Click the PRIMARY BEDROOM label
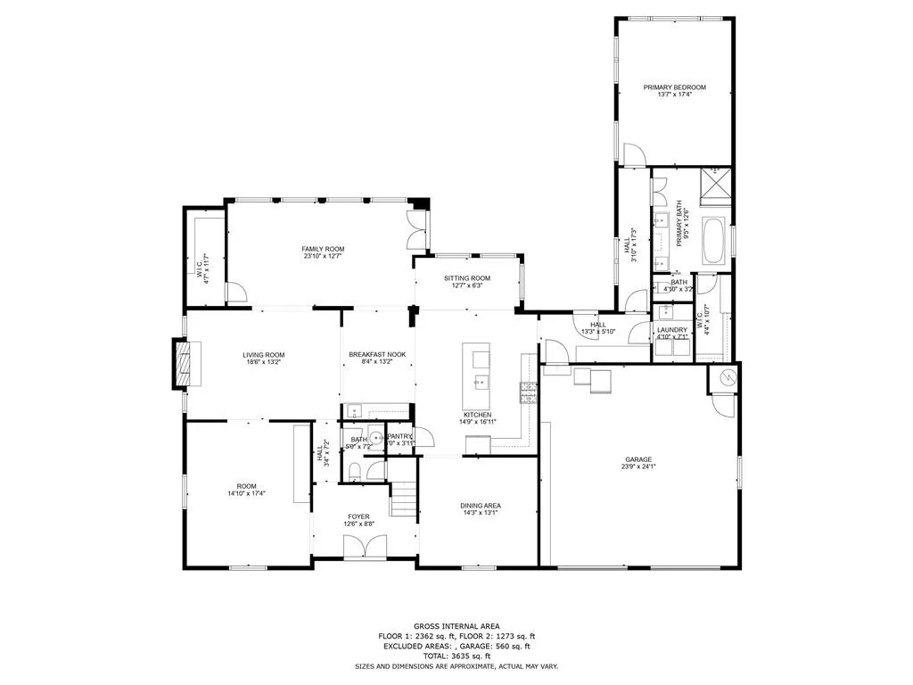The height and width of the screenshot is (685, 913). tap(675, 87)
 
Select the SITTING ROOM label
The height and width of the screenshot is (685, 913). tap(467, 278)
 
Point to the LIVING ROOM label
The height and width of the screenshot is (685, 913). tap(263, 355)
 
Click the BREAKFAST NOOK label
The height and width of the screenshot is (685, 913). tap(376, 355)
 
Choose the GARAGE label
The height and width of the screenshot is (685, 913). tap(638, 459)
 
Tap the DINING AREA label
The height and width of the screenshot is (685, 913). tap(479, 506)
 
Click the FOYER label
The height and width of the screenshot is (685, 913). tap(358, 516)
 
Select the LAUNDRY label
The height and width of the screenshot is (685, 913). tap(671, 330)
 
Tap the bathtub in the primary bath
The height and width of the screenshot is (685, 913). tap(714, 241)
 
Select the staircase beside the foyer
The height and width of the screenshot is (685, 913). tap(405, 499)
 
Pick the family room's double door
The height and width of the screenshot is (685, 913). tap(415, 230)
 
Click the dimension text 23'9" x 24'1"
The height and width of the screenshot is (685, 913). tap(638, 466)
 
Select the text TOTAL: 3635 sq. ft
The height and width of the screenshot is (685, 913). tap(456, 656)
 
